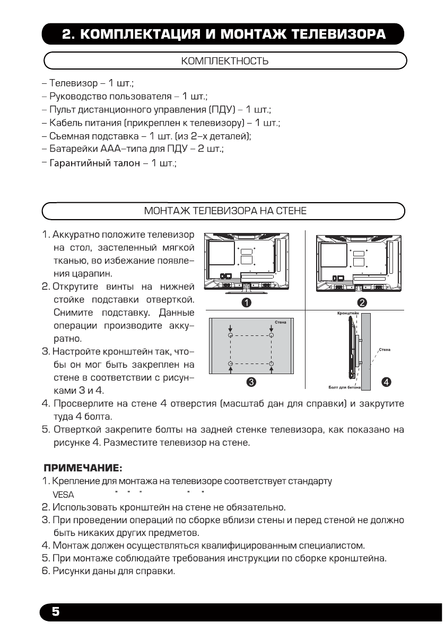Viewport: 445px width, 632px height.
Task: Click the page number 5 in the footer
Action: click(x=55, y=612)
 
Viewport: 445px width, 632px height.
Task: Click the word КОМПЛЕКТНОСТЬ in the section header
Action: click(x=224, y=62)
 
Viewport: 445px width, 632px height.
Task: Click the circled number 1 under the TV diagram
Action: click(x=247, y=302)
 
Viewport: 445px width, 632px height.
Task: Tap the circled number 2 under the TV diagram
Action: click(x=362, y=302)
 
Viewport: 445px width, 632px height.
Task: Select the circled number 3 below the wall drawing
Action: click(x=252, y=381)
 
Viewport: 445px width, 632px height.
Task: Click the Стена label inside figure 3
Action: click(x=281, y=322)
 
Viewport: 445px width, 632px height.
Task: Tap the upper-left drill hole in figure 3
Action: click(x=230, y=336)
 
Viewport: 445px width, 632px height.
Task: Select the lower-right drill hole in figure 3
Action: click(x=271, y=364)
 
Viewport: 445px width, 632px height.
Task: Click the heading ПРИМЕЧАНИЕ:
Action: click(x=83, y=469)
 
